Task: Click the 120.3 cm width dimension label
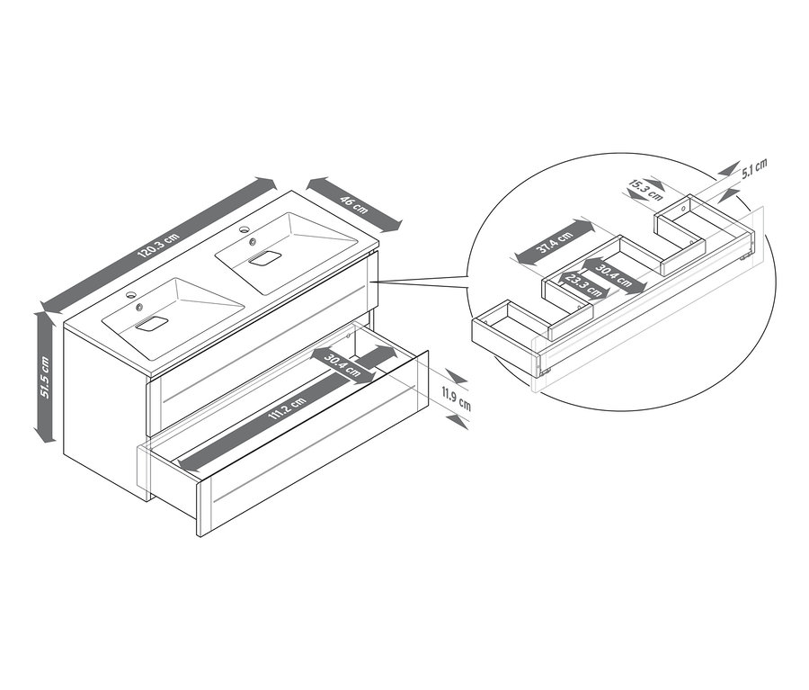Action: pyautogui.click(x=158, y=245)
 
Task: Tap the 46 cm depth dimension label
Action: pyautogui.click(x=354, y=203)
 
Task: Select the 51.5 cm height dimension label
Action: pyautogui.click(x=45, y=378)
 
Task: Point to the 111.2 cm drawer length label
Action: pyautogui.click(x=287, y=410)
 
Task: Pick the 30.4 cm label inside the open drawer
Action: pyautogui.click(x=342, y=365)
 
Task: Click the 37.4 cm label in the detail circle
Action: pyautogui.click(x=555, y=242)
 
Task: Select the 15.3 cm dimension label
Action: pyautogui.click(x=645, y=189)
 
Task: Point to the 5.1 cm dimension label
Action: pyautogui.click(x=754, y=168)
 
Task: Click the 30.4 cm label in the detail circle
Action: pyautogui.click(x=613, y=275)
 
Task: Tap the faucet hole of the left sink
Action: pyautogui.click(x=131, y=295)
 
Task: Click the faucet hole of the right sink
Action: pyautogui.click(x=244, y=229)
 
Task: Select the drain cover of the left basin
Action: pyautogui.click(x=152, y=324)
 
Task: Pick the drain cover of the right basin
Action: pyautogui.click(x=264, y=257)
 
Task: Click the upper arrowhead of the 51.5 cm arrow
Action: pyautogui.click(x=45, y=318)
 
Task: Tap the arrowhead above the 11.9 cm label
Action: pyautogui.click(x=457, y=377)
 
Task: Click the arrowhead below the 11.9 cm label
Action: pyautogui.click(x=458, y=422)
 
